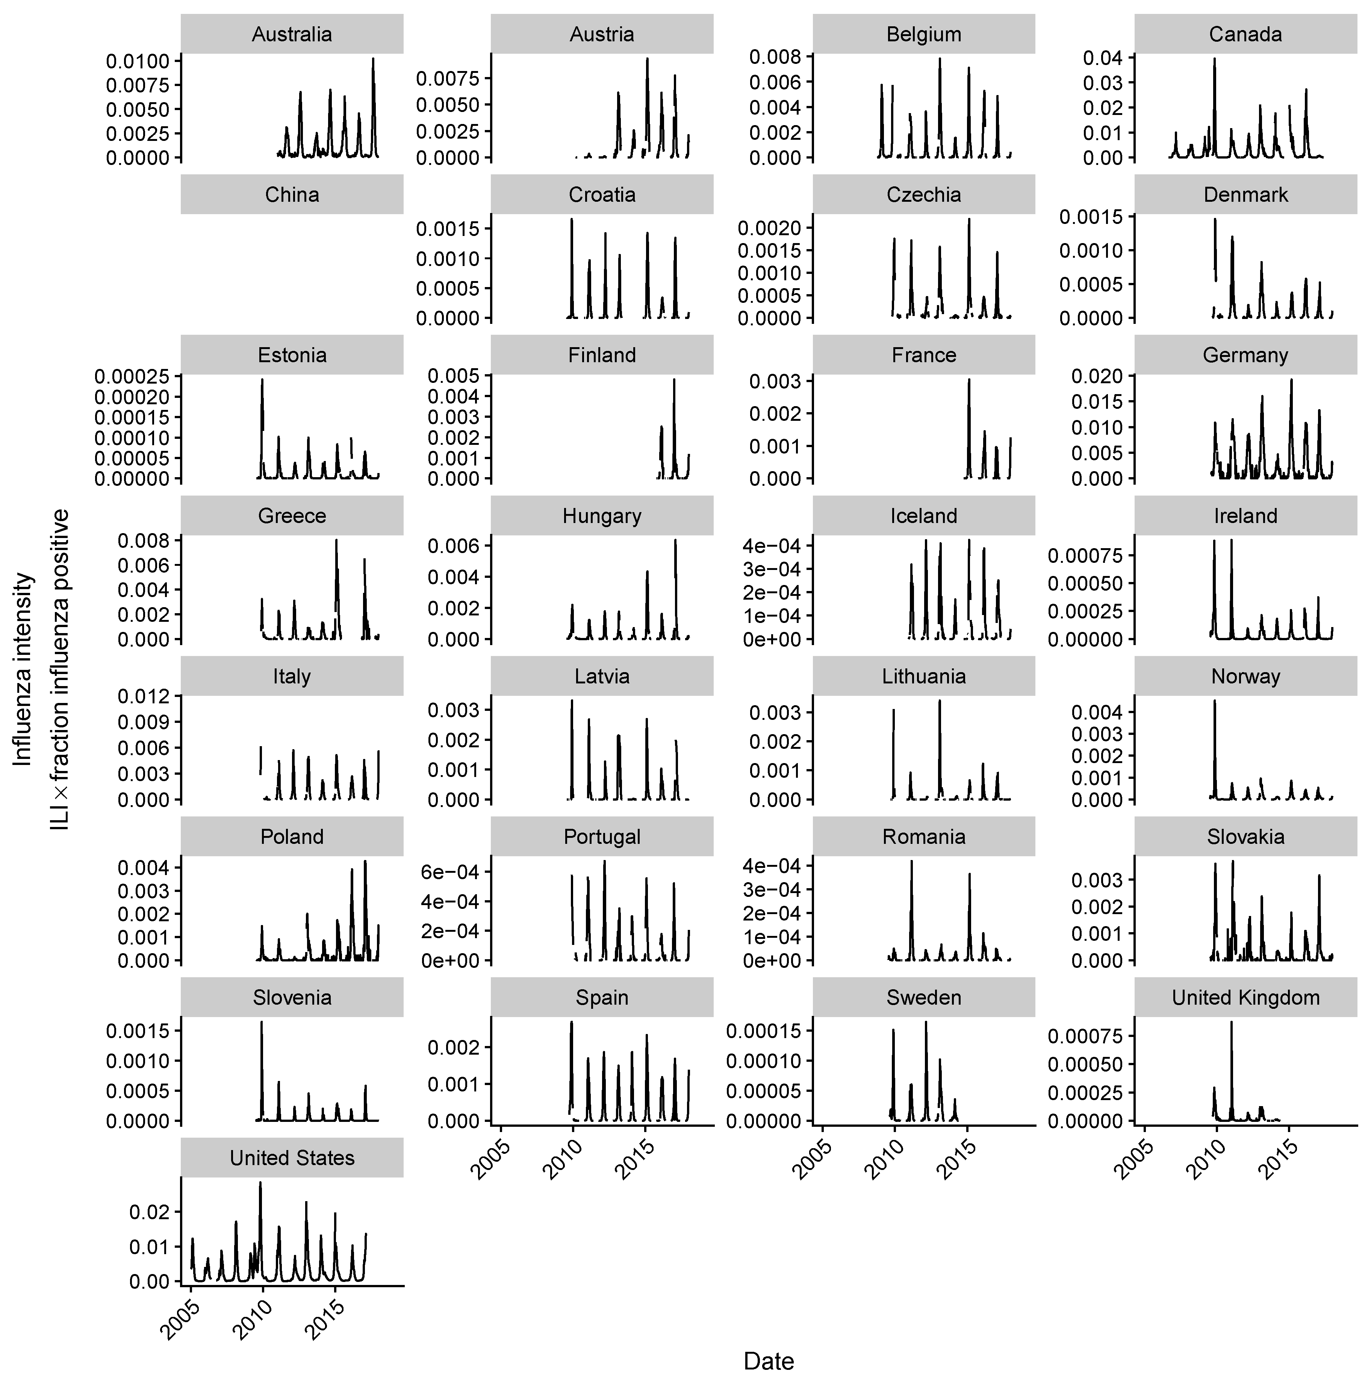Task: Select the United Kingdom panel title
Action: point(1245,998)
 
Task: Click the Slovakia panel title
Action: point(1245,837)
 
